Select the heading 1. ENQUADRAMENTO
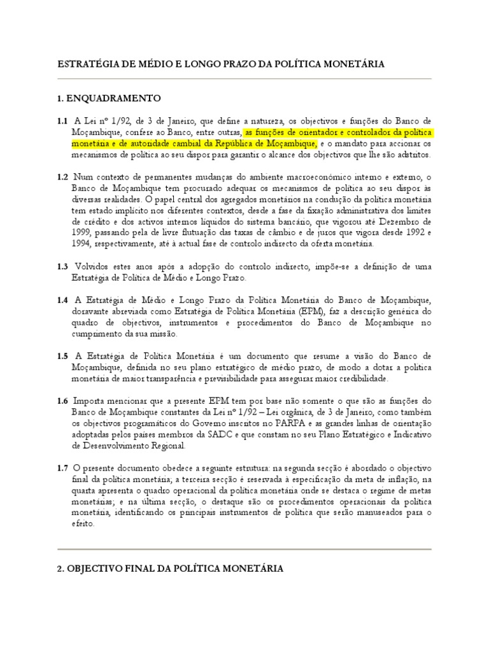[x=109, y=99]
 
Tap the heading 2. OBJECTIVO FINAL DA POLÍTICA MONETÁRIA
[x=170, y=568]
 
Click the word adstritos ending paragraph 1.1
[x=413, y=155]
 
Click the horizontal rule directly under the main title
[x=244, y=78]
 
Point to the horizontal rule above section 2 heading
[x=244, y=549]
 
